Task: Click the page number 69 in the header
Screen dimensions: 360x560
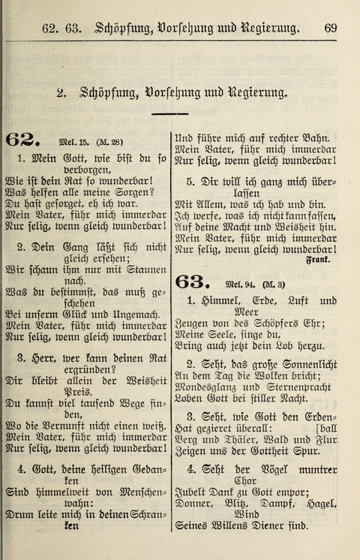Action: coord(331,29)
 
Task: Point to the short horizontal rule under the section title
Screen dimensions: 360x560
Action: coord(169,114)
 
